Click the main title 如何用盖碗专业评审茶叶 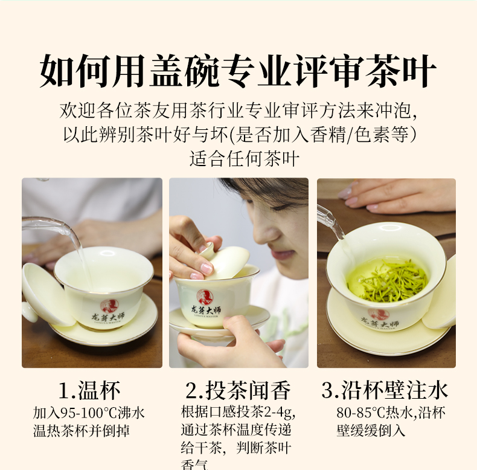(238, 71)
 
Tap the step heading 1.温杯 (89, 390)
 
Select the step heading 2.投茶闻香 (238, 390)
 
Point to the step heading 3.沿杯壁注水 (385, 390)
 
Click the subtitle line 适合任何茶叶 (245, 158)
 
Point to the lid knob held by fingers (207, 248)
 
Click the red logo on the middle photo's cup (205, 297)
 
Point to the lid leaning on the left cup (46, 294)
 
